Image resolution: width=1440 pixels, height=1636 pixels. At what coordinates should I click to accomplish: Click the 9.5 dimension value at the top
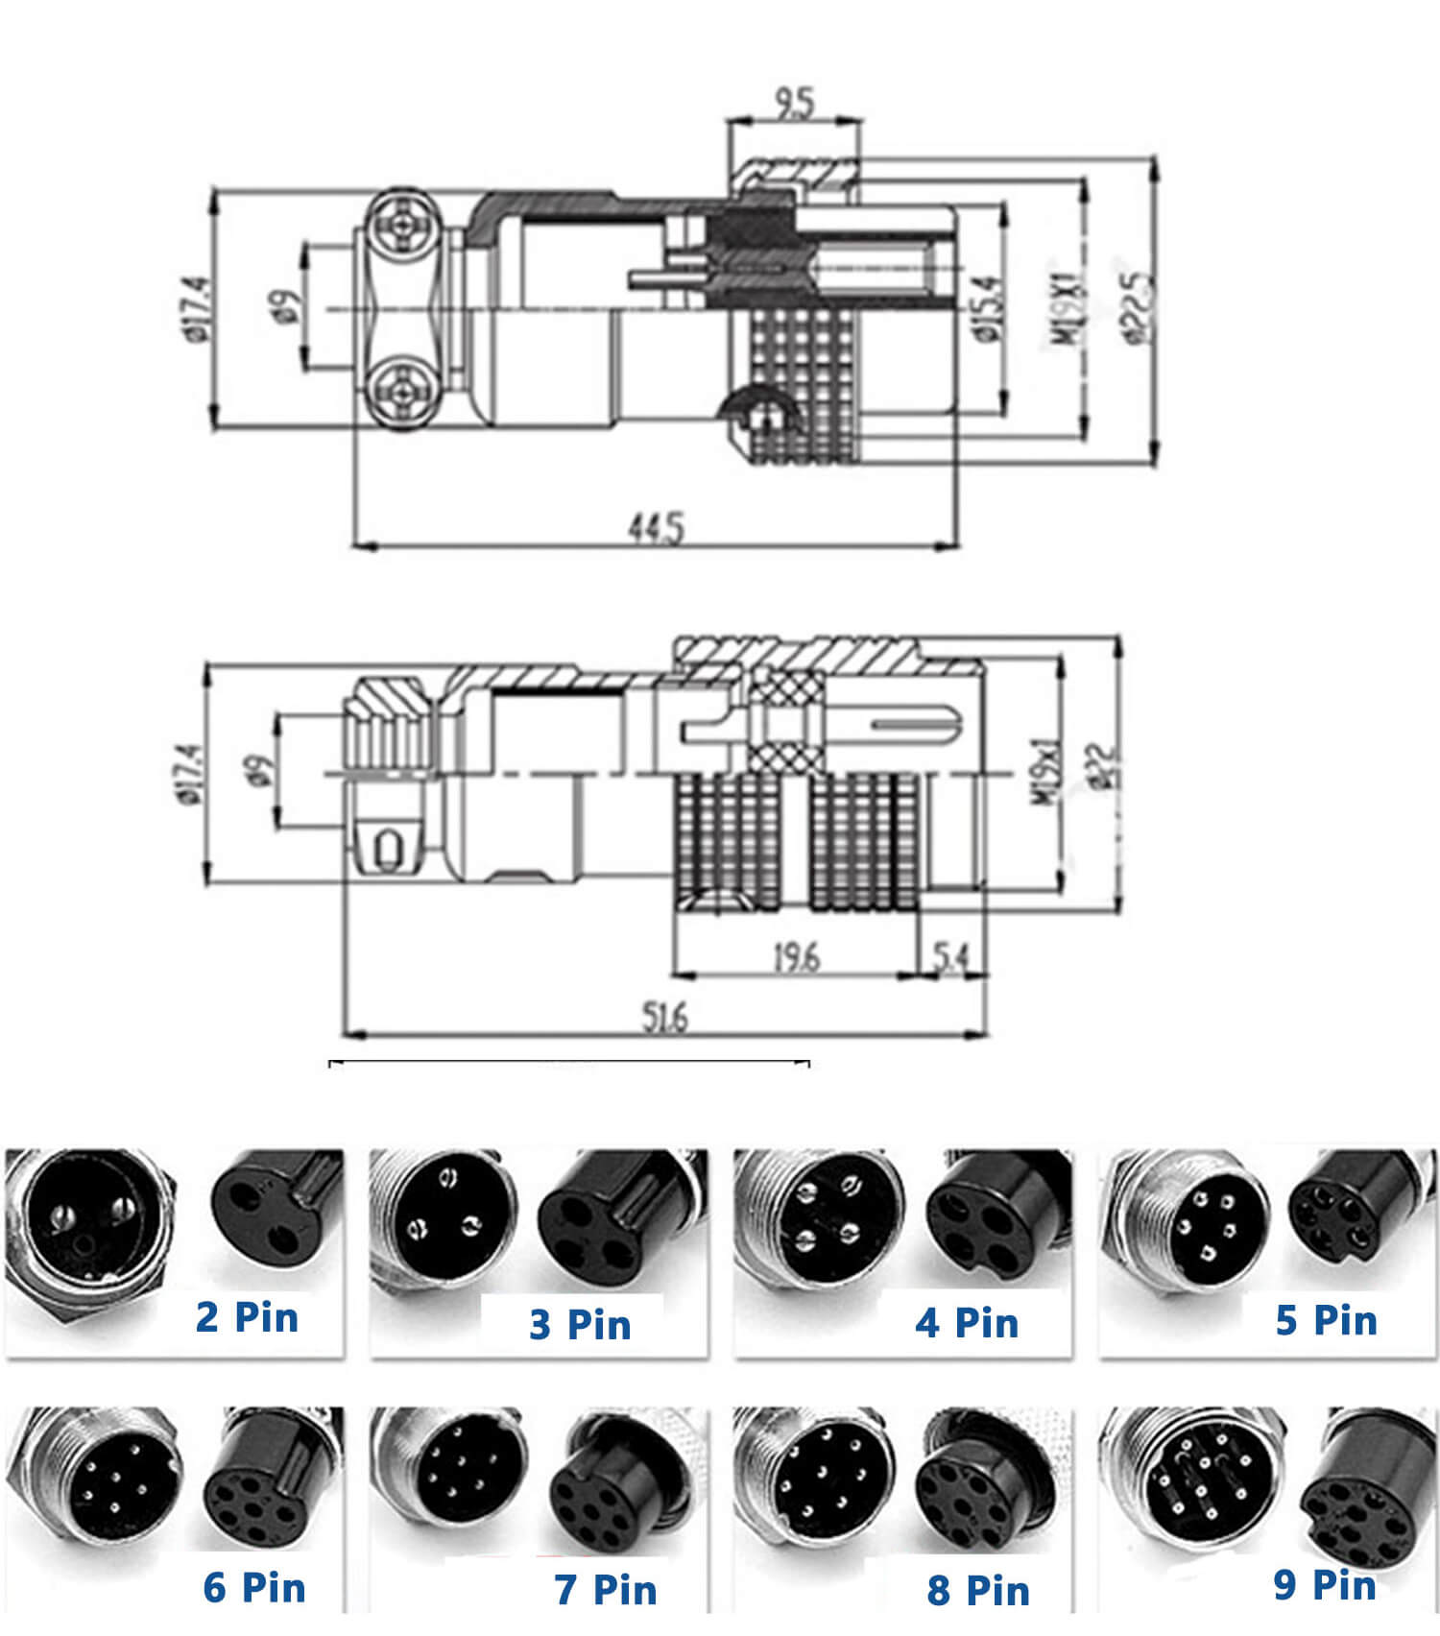coord(794,102)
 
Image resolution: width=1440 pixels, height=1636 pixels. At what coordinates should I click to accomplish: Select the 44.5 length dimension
coord(657,527)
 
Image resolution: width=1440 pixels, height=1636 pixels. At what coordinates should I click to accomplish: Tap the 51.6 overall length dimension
coord(664,1017)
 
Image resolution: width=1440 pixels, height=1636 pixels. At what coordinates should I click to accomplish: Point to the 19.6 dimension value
coord(797,956)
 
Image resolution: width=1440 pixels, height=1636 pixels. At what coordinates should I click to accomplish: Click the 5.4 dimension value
coord(950,956)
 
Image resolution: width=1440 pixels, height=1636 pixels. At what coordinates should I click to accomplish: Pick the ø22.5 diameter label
coord(1139,306)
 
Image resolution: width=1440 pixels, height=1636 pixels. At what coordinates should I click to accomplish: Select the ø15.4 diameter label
coord(989,307)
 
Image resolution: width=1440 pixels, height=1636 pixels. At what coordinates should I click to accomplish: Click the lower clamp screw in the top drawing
coord(403,391)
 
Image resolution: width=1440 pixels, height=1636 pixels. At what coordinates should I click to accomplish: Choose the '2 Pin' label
coord(247,1316)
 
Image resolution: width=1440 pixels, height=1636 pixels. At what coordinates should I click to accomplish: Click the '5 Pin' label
coord(1326,1320)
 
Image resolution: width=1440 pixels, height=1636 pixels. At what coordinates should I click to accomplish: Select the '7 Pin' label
coord(605,1589)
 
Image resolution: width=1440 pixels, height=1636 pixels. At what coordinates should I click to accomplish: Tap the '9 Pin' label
coord(1325,1583)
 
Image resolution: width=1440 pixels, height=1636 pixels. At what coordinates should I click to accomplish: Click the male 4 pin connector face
coord(827,1215)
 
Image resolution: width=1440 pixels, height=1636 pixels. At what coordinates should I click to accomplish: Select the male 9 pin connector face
coord(1200,1483)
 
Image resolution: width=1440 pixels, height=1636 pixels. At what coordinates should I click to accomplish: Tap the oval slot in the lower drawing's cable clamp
coord(389,850)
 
